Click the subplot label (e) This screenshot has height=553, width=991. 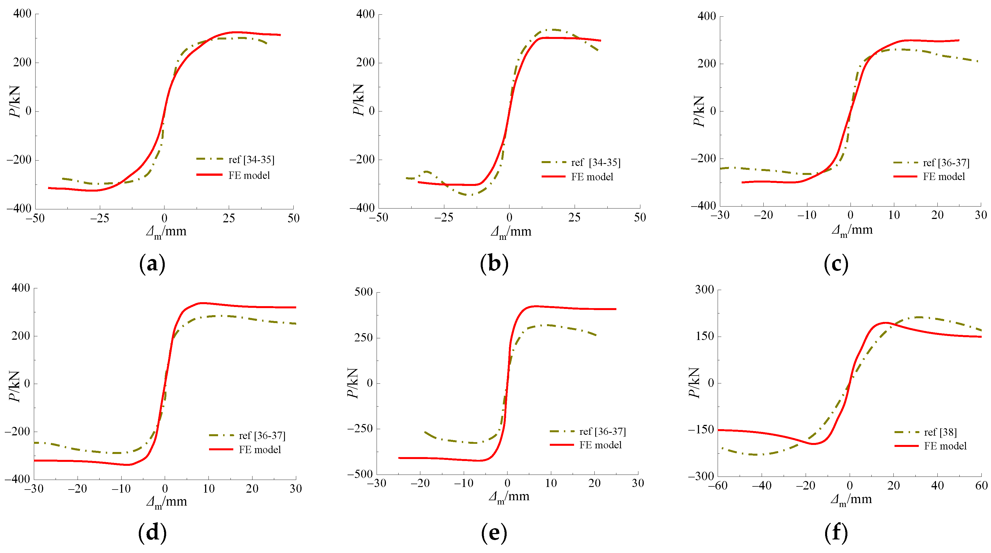494,533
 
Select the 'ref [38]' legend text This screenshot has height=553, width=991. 940,432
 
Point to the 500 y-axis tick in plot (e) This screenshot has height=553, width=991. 364,292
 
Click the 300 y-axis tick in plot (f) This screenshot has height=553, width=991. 704,289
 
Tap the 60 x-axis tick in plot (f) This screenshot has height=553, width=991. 981,486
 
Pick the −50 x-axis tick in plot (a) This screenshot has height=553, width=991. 35,218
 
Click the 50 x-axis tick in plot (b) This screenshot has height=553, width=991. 640,218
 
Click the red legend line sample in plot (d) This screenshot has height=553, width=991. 221,449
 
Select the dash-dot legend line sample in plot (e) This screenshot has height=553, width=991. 562,431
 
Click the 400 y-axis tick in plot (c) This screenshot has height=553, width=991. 707,16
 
